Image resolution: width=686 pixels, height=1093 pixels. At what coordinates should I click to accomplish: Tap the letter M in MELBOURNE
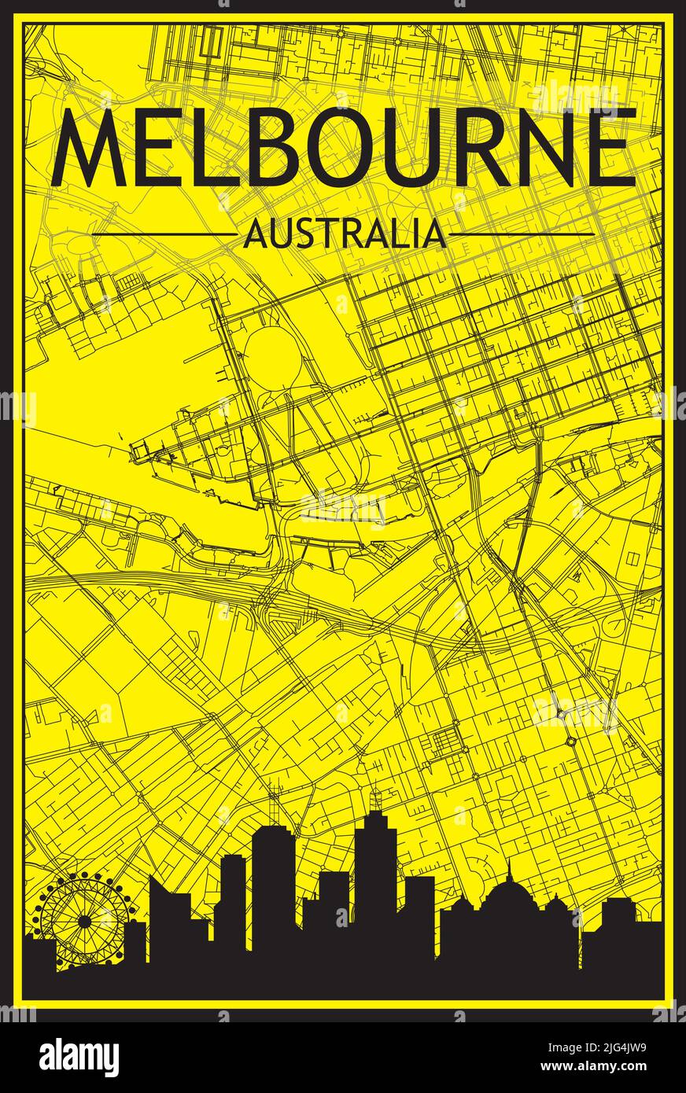tap(88, 148)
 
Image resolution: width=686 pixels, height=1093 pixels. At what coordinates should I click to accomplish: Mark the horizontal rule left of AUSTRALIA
tap(163, 234)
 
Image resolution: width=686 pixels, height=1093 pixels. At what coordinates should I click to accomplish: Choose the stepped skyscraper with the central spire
tap(376, 873)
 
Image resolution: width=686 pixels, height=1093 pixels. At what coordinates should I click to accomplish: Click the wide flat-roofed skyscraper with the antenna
tap(272, 881)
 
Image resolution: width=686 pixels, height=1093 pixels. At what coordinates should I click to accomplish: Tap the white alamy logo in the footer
tap(79, 1057)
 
